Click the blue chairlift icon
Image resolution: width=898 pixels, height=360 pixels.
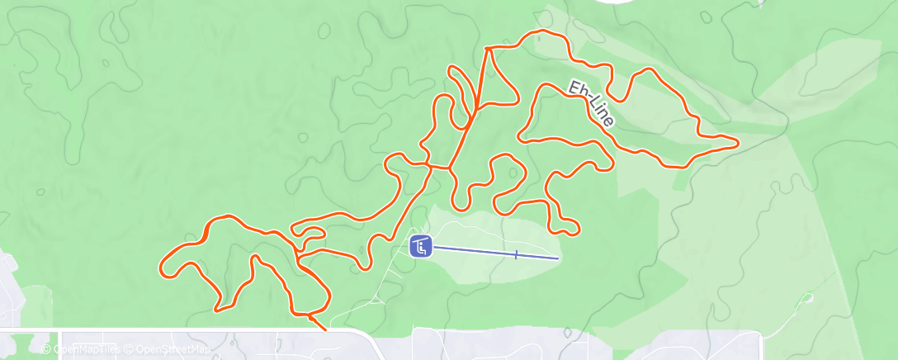coord(421,245)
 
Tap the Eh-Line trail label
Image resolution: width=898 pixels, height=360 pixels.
coord(592,103)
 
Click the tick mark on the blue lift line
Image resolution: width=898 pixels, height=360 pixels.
coord(516,254)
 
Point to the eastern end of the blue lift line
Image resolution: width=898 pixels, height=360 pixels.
coord(558,258)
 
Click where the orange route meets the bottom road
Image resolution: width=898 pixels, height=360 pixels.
coord(324,328)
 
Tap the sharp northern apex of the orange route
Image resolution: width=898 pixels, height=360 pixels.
coord(488,48)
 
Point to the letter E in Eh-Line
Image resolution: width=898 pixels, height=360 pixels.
coord(573,85)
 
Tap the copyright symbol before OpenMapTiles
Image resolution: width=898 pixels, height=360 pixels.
coord(46,349)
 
